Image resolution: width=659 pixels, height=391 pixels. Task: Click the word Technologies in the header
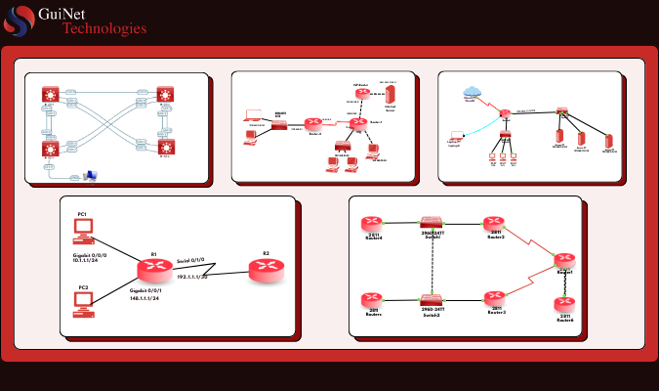(x=104, y=28)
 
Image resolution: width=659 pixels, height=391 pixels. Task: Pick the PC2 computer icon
(x=84, y=302)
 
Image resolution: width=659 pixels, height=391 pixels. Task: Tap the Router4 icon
(x=372, y=224)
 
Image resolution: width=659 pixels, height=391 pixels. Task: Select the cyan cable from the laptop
(x=479, y=123)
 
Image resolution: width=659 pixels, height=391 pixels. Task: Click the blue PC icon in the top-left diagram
(x=91, y=175)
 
